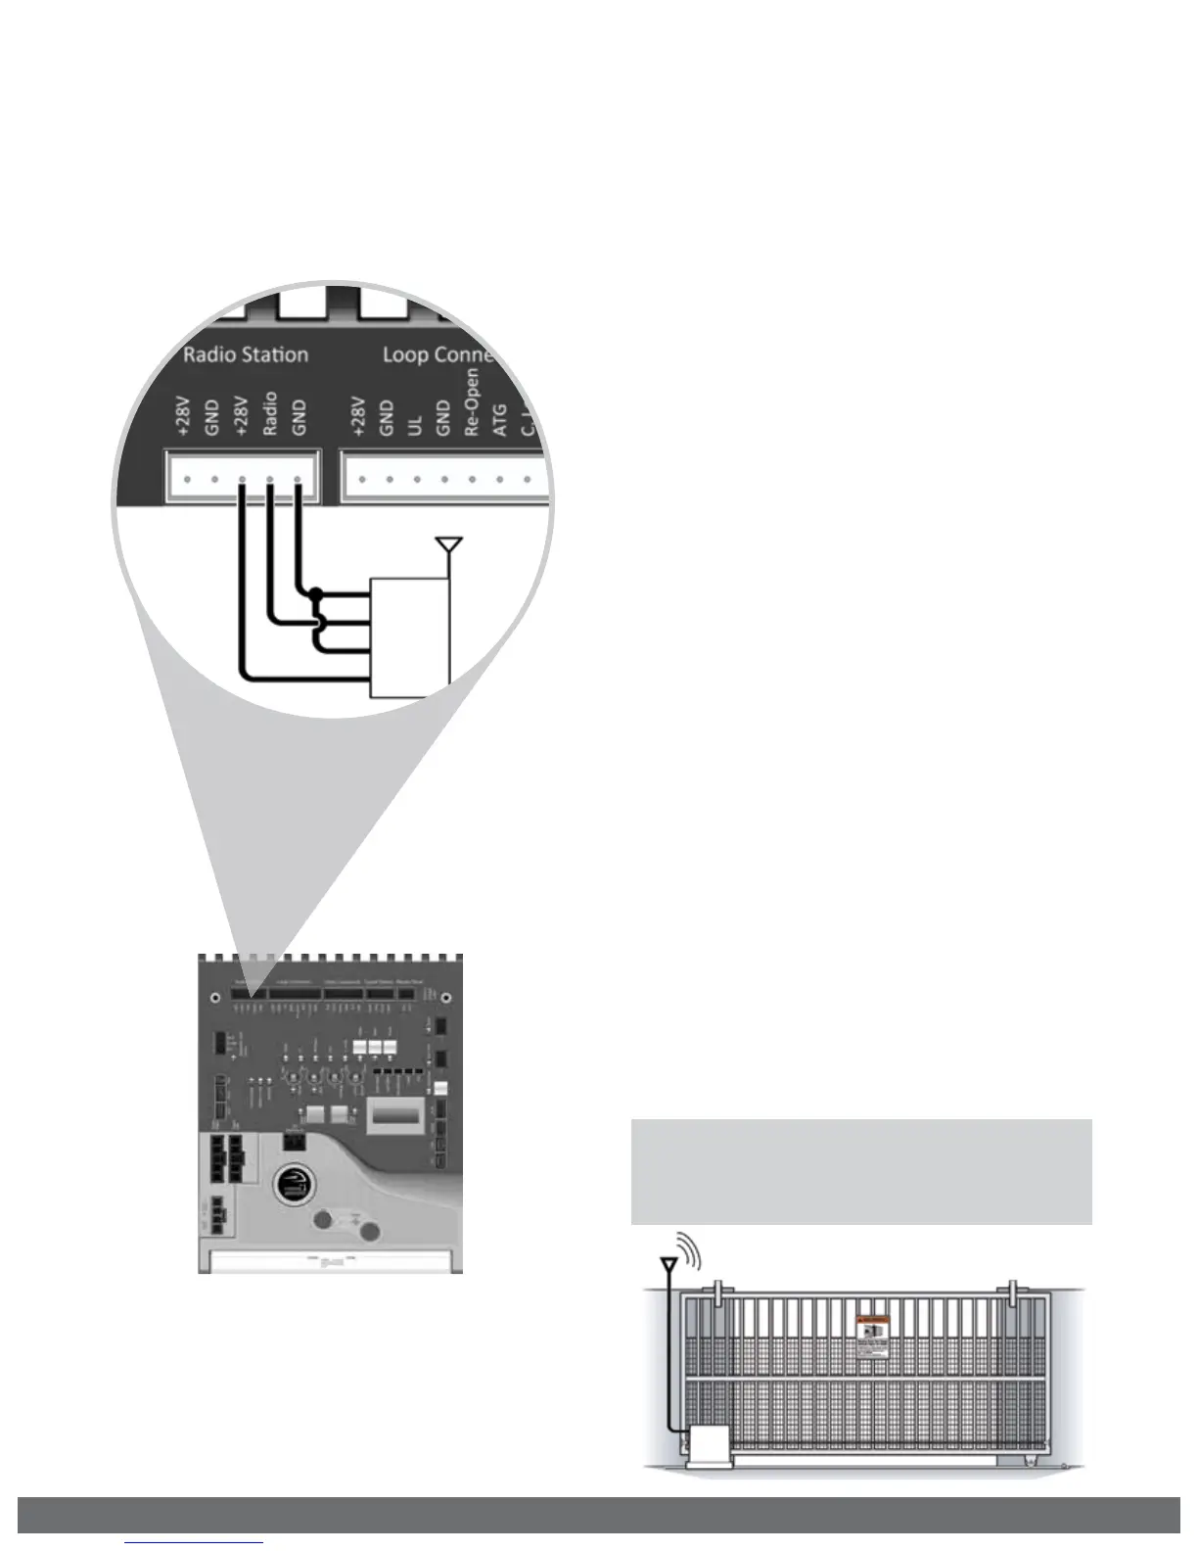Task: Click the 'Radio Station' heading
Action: (246, 354)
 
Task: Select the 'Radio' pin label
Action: (271, 413)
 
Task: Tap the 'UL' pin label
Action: (415, 424)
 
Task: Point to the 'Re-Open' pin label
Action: (473, 402)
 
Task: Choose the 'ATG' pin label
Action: (500, 423)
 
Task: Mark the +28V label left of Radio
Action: (243, 415)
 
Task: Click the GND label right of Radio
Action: (299, 417)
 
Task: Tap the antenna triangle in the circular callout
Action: (448, 543)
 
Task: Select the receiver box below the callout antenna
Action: (410, 636)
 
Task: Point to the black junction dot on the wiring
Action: (315, 593)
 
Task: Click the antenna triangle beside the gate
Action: (669, 1266)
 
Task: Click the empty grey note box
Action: (860, 1171)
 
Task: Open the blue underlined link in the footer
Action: (195, 1544)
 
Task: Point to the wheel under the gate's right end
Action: (1031, 1463)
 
